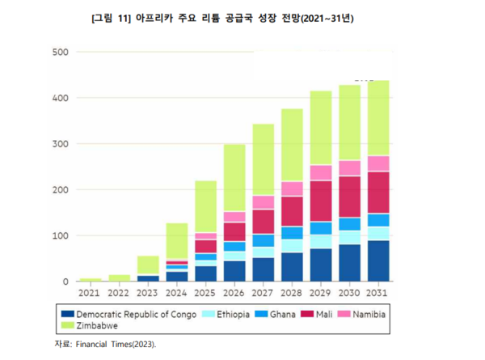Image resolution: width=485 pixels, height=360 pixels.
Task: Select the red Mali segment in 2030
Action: (x=350, y=197)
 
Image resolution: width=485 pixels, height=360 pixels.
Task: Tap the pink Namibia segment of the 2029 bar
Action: (x=321, y=172)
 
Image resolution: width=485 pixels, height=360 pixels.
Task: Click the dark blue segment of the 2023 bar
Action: (x=147, y=278)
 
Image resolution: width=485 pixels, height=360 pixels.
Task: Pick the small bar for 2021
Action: (x=90, y=279)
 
